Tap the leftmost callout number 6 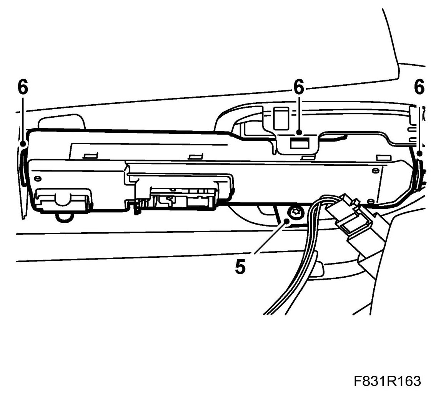click(23, 88)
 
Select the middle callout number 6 click(299, 88)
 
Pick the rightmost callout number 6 click(419, 88)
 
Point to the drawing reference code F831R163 click(388, 382)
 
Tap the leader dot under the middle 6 click(299, 133)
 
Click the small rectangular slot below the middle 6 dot click(298, 144)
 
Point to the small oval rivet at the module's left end click(37, 178)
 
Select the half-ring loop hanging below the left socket click(65, 217)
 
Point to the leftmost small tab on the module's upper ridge click(89, 156)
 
